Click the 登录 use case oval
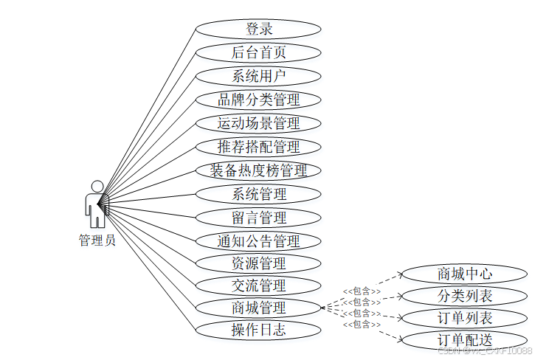(259, 29)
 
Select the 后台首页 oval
(259, 52)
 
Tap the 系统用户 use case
(259, 76)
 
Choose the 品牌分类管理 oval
(259, 100)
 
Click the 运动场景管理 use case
(259, 123)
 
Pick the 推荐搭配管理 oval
(259, 147)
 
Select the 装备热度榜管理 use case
(259, 170)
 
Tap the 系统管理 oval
(259, 194)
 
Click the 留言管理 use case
(259, 218)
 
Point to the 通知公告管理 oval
(259, 241)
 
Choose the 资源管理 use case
(259, 263)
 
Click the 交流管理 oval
(259, 285)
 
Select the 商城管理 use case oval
(259, 308)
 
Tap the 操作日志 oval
(259, 330)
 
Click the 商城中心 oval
(465, 274)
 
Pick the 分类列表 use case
(465, 297)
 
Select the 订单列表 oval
(465, 319)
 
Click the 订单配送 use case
(465, 340)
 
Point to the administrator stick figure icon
(96, 204)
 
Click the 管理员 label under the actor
(97, 240)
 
